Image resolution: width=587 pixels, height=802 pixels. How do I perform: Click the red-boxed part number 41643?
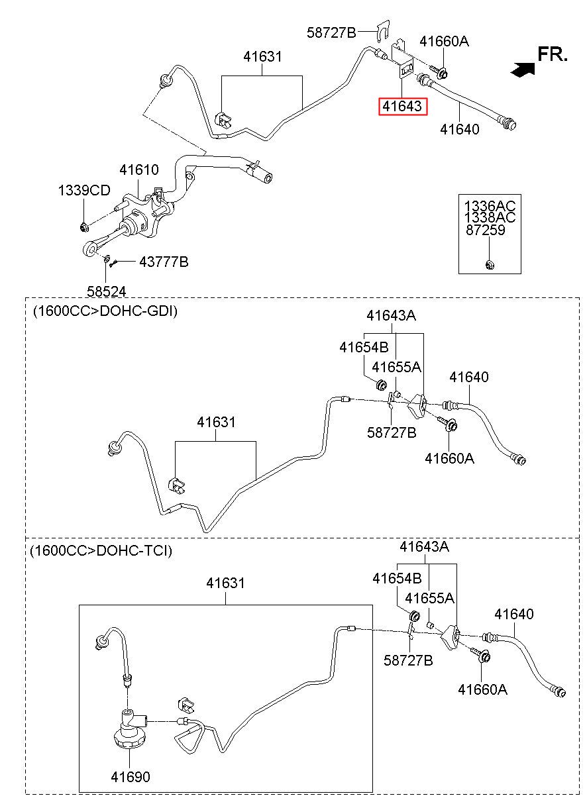point(402,107)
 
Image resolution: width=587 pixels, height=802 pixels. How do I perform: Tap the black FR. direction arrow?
point(523,69)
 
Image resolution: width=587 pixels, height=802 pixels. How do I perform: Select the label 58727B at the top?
point(331,32)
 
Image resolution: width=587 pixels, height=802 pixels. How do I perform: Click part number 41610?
point(139,170)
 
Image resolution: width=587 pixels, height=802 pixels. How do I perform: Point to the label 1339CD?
point(84,190)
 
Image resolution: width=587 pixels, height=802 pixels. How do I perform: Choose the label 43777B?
point(164,262)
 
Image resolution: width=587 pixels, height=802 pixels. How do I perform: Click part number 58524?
point(107,291)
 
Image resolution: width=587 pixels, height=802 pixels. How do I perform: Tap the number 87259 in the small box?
point(485,230)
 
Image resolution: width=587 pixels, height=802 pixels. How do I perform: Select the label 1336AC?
point(490,206)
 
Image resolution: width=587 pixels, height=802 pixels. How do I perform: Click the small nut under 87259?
point(490,265)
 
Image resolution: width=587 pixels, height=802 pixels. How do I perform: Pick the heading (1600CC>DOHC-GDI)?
point(105,311)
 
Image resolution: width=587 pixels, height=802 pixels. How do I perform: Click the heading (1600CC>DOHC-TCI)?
point(101,550)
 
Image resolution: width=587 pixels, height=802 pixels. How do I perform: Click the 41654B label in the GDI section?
point(364,347)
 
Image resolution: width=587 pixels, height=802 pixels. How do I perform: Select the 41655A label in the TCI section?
point(429,597)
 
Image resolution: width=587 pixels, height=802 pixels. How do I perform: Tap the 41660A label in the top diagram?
point(444,42)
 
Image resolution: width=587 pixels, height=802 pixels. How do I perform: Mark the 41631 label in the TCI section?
point(226,583)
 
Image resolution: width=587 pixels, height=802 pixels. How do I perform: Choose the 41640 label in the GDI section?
point(469,377)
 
